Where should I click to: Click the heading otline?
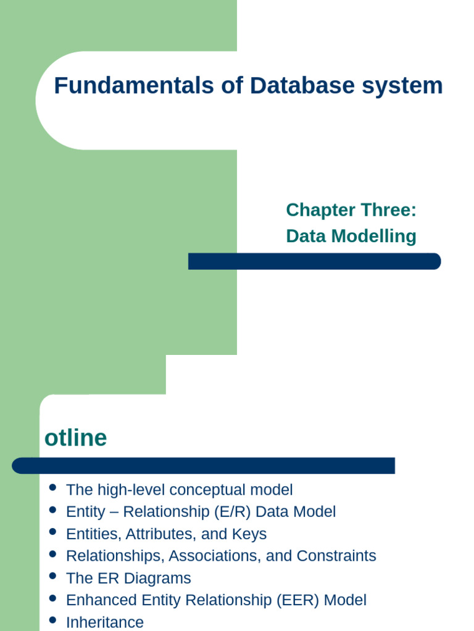click(75, 438)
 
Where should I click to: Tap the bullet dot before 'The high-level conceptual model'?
click(52, 489)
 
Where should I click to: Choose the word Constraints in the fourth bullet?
click(336, 556)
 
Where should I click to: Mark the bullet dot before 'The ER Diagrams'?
click(52, 577)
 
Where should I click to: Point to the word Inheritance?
click(104, 622)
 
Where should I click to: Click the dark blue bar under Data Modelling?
click(314, 261)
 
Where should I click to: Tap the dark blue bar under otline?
click(204, 465)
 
